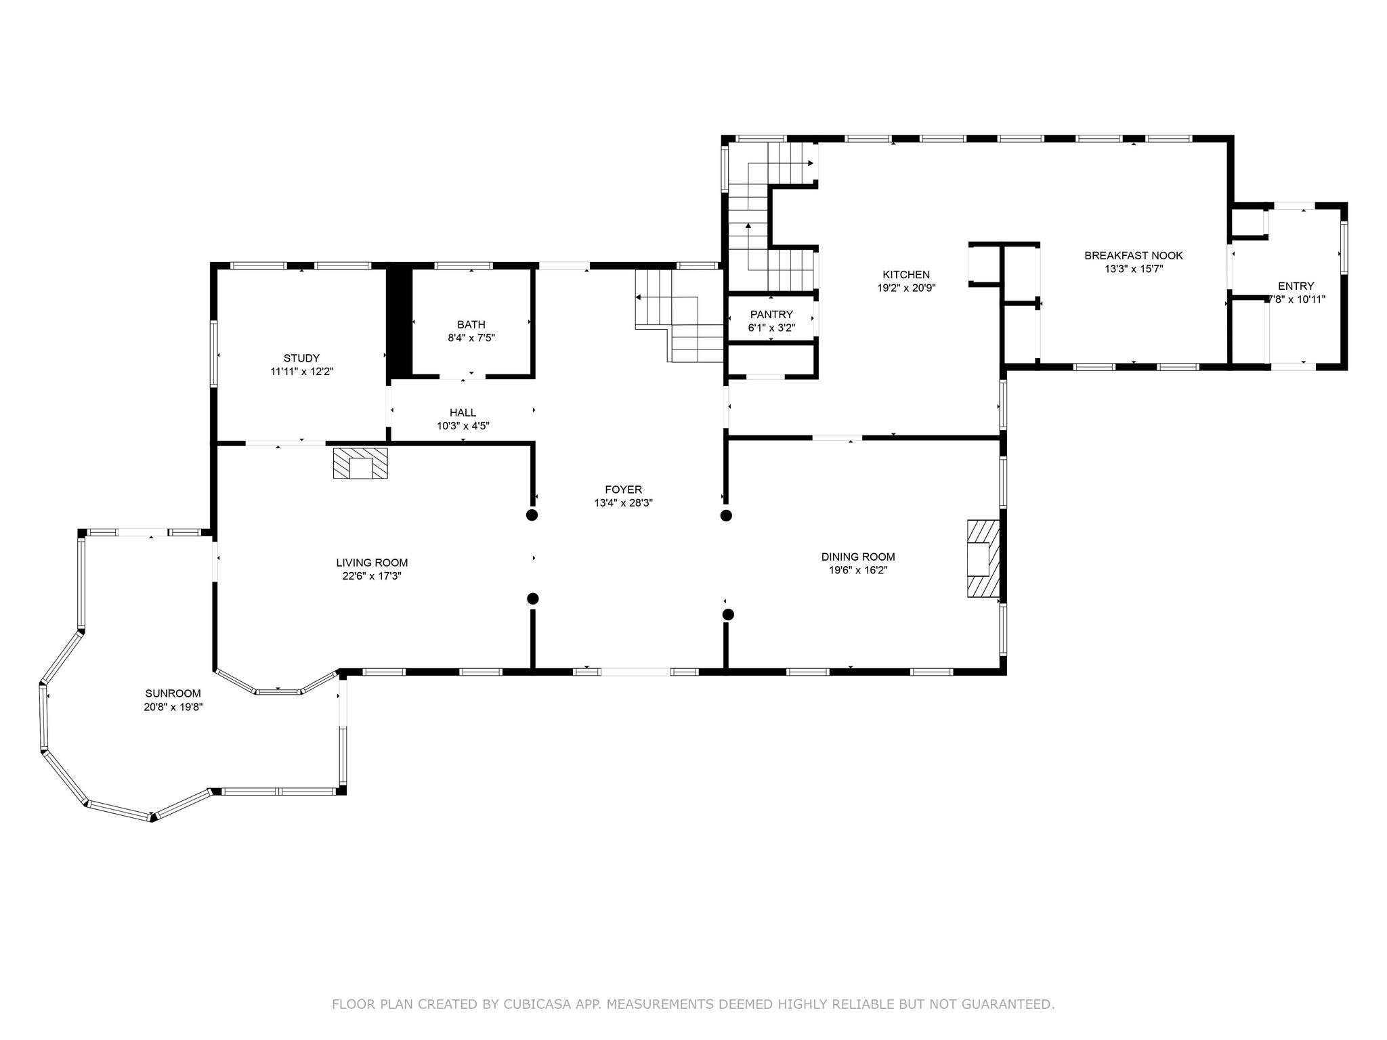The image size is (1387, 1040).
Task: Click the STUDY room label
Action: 301,358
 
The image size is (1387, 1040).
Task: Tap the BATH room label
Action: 471,325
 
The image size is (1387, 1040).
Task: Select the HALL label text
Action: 463,412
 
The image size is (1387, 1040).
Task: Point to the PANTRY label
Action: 771,314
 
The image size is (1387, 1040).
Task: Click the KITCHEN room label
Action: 906,274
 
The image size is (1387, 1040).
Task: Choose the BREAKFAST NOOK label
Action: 1134,255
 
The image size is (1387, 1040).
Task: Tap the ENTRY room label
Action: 1296,286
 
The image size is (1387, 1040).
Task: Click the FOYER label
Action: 624,490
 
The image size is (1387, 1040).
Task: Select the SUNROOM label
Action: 173,693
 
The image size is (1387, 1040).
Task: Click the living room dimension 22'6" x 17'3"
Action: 372,576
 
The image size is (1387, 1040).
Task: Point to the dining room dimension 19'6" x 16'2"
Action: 858,570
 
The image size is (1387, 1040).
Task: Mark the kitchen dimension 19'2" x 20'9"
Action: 906,288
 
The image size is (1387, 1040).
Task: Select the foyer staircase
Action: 679,316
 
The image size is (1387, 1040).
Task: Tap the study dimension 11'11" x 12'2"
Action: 301,372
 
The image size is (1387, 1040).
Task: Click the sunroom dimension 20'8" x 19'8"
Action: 173,707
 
